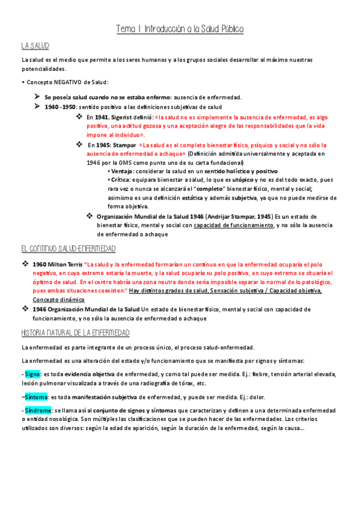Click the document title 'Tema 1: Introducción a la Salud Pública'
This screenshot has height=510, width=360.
(x=180, y=29)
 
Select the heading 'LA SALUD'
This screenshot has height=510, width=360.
(x=35, y=46)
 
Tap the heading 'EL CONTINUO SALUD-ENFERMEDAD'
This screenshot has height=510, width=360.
(x=68, y=249)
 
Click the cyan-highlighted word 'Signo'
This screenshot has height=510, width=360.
(x=32, y=374)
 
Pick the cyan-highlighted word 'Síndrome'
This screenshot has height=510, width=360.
(x=38, y=410)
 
